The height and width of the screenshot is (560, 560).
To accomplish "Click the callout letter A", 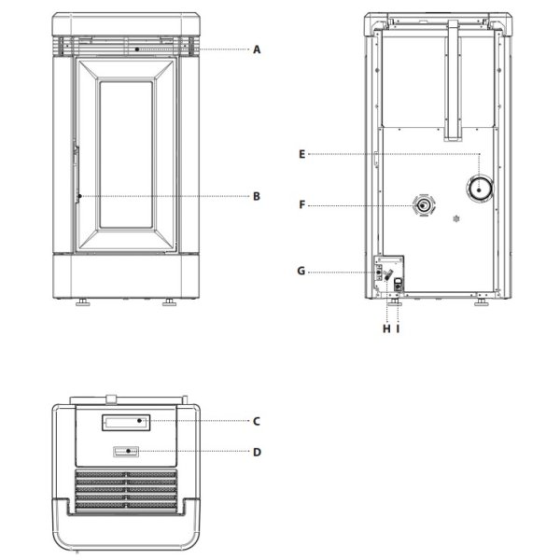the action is (x=257, y=49).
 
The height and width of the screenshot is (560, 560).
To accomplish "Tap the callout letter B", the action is (x=257, y=196).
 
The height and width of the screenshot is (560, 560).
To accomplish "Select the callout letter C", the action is (x=257, y=422).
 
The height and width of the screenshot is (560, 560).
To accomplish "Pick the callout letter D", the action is (x=257, y=452).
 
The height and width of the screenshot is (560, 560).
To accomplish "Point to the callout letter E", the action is (x=301, y=154).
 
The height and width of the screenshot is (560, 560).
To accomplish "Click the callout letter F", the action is (x=302, y=205).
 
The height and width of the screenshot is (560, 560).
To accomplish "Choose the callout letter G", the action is (x=301, y=271).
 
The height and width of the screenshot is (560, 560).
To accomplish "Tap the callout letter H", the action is (x=386, y=329).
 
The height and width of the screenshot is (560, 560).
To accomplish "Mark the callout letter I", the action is (x=398, y=329).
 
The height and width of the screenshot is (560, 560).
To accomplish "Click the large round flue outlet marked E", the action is (x=480, y=189).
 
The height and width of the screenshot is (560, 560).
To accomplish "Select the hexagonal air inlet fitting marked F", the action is (x=424, y=205).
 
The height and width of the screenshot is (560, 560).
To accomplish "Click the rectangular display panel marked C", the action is (x=126, y=423).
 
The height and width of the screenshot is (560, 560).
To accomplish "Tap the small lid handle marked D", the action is (x=126, y=452).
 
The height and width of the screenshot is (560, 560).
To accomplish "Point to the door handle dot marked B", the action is (x=79, y=196).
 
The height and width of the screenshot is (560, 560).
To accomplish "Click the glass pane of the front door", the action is (x=126, y=155).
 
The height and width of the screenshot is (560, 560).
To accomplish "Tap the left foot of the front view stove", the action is (x=82, y=302).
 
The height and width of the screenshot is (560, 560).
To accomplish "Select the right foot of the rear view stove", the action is (x=482, y=302).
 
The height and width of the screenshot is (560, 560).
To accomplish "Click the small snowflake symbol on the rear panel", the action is (x=456, y=218).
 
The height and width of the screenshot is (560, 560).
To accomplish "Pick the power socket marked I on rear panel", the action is (x=398, y=285).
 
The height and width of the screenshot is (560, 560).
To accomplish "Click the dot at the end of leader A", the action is (x=137, y=49).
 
